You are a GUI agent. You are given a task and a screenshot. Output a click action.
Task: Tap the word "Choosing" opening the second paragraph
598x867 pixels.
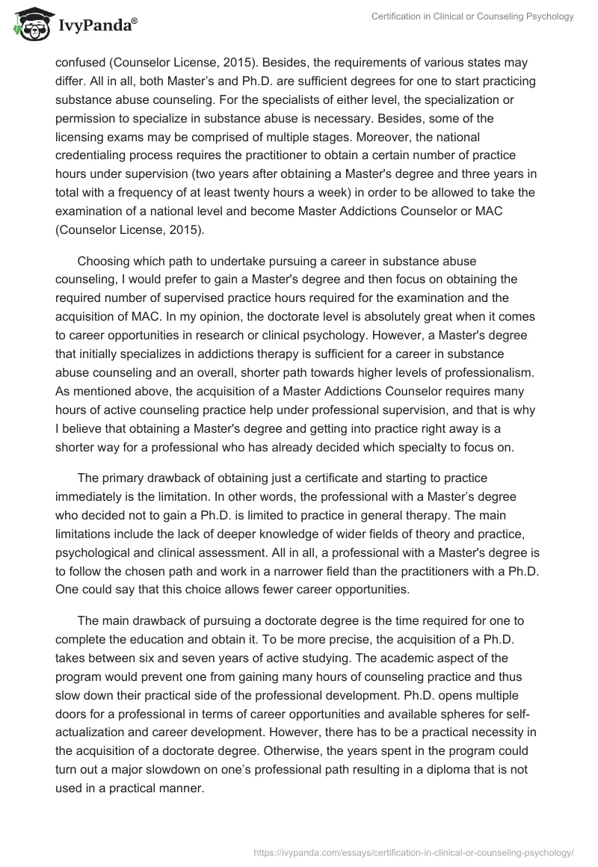(103, 261)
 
